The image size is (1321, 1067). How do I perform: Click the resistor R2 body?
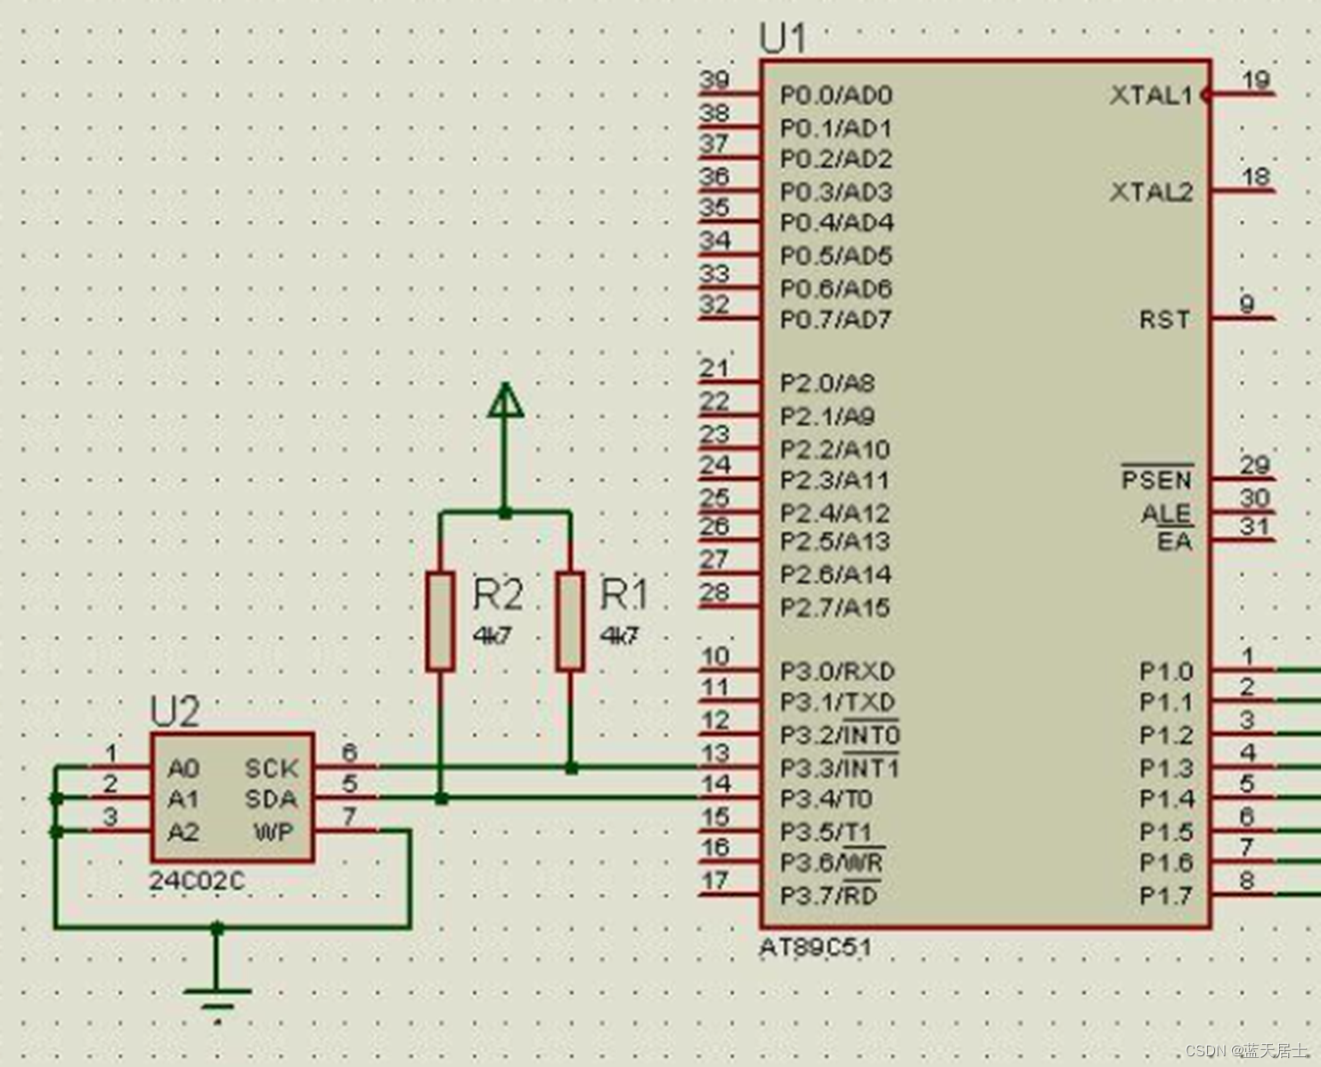(x=440, y=621)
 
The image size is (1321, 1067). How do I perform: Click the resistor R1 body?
(x=570, y=621)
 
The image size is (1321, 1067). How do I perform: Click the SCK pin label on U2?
(x=271, y=768)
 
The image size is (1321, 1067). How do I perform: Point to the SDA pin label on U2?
(x=271, y=799)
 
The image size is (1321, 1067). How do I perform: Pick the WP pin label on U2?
(x=274, y=832)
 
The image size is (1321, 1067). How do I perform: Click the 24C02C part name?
(x=196, y=881)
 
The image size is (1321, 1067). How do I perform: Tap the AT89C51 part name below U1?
(x=815, y=947)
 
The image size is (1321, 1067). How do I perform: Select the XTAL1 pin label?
(x=1151, y=95)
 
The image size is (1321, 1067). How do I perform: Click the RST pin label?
(x=1164, y=319)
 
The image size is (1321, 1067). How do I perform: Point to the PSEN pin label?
(x=1156, y=480)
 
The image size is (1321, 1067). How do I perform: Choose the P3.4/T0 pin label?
(x=826, y=799)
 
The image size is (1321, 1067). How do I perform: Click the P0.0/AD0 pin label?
(x=836, y=95)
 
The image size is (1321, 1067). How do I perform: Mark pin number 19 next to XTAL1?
(x=1255, y=80)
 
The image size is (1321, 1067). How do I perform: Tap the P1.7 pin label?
(x=1165, y=896)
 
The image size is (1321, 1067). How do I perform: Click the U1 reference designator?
(x=783, y=39)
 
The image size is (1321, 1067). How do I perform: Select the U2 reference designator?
(x=175, y=713)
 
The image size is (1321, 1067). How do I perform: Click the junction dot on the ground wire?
(x=217, y=928)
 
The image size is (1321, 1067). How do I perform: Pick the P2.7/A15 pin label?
(x=835, y=607)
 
